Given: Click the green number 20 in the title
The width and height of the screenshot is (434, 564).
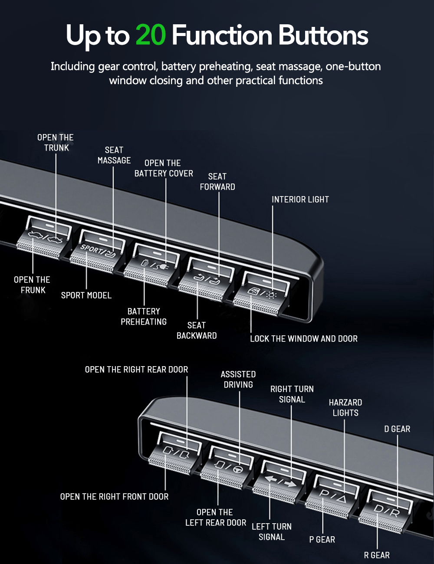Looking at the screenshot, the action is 151,35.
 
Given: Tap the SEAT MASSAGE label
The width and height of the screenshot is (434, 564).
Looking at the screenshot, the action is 114,155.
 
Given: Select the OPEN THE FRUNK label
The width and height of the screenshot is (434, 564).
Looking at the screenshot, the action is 32,285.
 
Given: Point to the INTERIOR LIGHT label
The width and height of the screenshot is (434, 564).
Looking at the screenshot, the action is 300,199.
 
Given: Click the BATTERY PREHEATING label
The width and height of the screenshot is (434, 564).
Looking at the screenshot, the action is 144,316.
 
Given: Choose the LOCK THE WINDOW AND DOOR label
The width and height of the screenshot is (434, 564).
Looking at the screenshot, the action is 304,338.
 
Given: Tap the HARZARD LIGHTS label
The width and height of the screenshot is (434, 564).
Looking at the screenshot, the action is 345,407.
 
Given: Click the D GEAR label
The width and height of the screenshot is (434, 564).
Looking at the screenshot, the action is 397,429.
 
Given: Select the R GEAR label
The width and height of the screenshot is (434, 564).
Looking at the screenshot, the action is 377,555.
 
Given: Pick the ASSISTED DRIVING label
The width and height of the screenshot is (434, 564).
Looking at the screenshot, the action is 238,379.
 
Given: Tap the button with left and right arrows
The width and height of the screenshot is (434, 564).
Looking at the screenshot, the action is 280,482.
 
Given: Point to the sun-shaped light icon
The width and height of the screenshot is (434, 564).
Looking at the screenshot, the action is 272,295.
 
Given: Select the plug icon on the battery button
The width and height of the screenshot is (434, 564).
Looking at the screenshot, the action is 164,266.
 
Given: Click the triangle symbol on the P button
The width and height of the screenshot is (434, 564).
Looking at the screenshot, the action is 341,498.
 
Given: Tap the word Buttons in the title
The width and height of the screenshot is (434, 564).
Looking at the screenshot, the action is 323,35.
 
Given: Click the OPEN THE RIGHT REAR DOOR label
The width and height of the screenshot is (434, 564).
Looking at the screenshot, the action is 137,370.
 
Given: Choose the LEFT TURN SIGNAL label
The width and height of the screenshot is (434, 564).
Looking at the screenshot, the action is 272,531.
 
